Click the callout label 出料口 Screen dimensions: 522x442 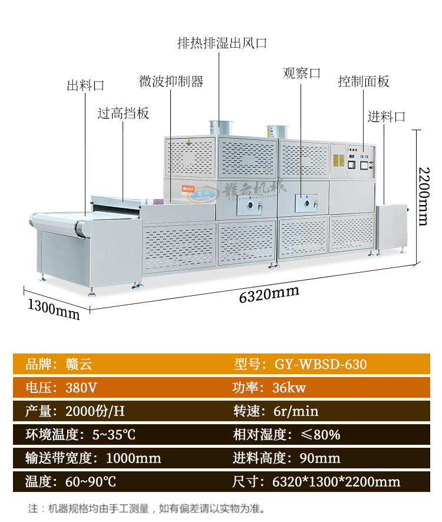tap(85, 85)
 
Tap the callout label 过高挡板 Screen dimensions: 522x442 tap(123, 113)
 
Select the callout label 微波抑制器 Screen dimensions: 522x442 tap(171, 81)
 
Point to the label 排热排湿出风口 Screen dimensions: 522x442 tap(222, 43)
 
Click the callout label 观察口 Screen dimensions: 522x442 tap(302, 73)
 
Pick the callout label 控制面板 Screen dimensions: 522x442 tap(364, 81)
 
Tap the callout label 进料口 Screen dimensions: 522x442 tap(387, 116)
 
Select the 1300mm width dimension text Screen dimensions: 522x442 tap(53, 309)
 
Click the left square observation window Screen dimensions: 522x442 tap(253, 205)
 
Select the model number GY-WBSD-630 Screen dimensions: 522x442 tap(321, 364)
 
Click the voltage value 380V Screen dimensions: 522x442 tap(81, 388)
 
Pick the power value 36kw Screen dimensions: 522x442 tap(289, 388)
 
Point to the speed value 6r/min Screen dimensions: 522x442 tap(295, 411)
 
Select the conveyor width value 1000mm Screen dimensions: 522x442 tap(133, 458)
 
